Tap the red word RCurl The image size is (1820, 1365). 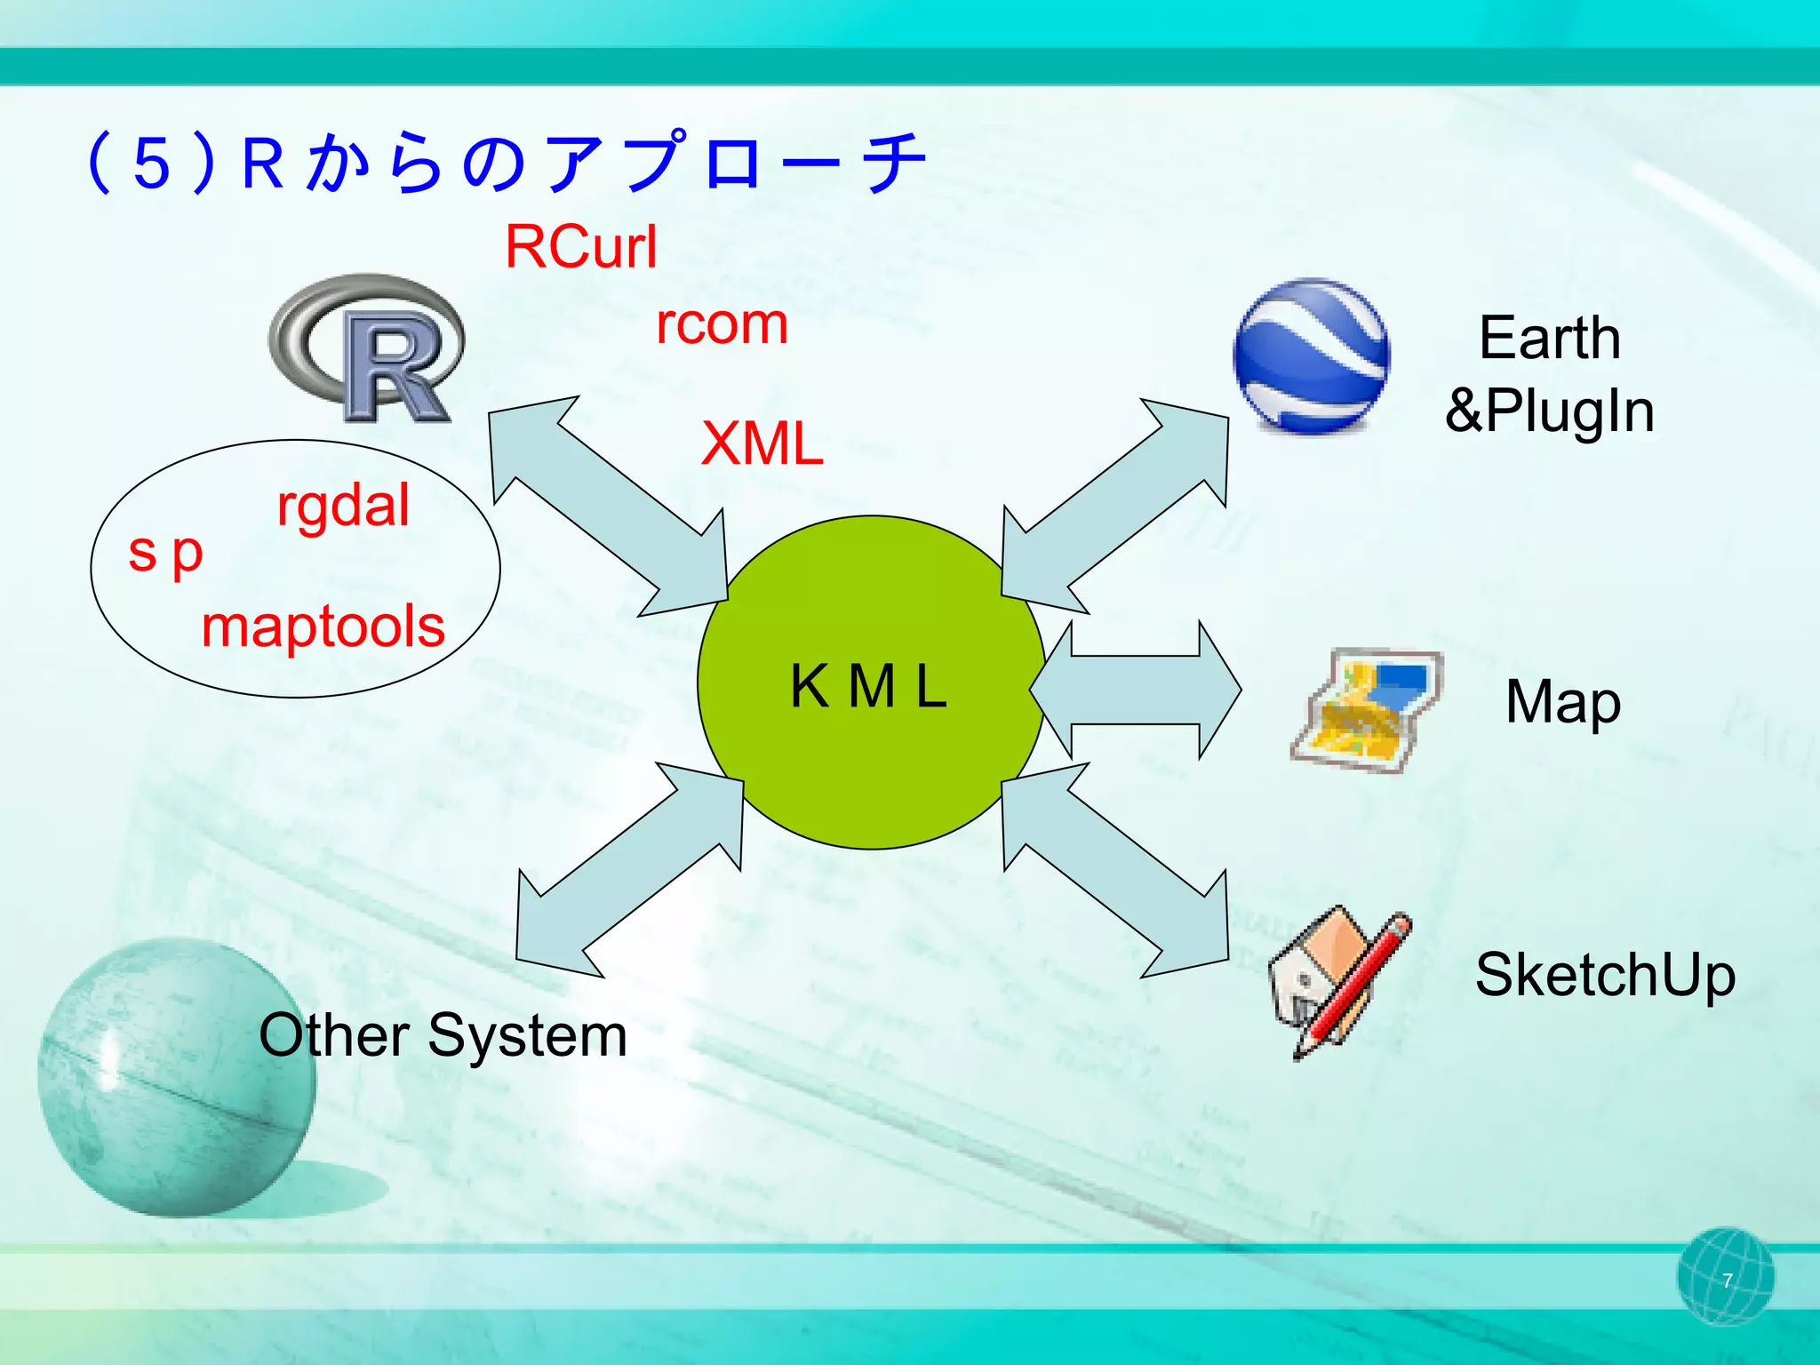pos(581,246)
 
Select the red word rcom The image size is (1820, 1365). pos(722,324)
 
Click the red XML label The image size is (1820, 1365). pos(762,443)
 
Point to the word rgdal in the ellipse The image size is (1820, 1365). pos(343,507)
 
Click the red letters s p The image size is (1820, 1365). pos(166,554)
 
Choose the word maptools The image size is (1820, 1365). pos(323,627)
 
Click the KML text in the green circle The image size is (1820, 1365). pos(869,687)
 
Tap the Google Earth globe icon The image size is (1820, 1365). pos(1311,355)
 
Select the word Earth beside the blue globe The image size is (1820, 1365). pos(1550,339)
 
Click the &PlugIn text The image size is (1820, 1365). pos(1550,411)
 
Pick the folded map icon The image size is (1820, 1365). pos(1365,709)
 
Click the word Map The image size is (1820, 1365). pos(1563,702)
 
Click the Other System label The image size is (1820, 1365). pos(443,1036)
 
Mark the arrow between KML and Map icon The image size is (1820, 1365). pos(1136,690)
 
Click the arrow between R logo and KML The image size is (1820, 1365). pos(609,507)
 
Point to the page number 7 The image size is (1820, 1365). pos(1727,1281)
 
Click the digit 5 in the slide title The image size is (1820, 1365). pos(152,164)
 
